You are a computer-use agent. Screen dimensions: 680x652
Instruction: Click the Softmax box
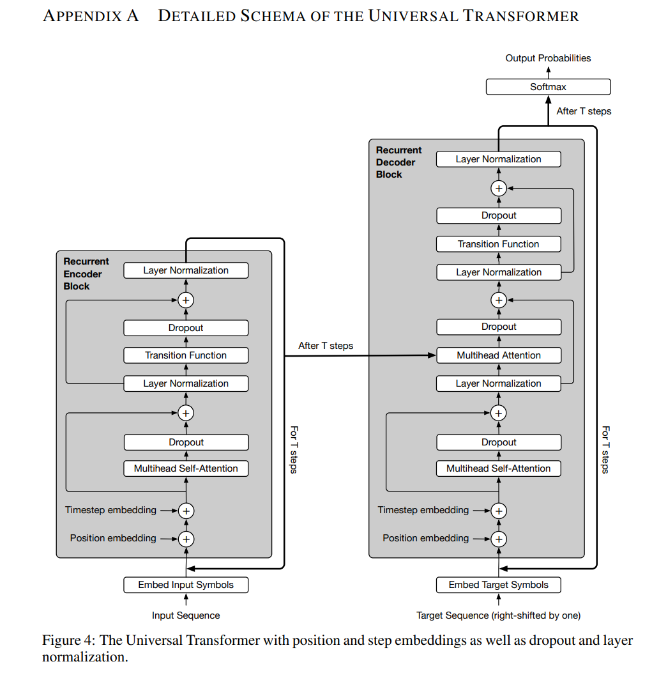click(548, 87)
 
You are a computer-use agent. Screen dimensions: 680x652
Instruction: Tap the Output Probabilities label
click(548, 58)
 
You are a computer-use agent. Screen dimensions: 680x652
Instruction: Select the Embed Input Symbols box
click(186, 584)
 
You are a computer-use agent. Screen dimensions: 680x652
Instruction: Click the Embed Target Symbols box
click(498, 584)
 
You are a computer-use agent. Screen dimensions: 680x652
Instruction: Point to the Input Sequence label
click(186, 615)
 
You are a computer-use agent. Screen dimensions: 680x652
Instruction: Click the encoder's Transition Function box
click(186, 355)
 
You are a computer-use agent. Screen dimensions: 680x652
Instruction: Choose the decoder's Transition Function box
click(498, 244)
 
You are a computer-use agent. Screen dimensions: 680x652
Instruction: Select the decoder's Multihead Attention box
click(498, 355)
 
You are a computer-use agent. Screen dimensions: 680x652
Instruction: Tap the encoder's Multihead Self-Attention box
click(186, 468)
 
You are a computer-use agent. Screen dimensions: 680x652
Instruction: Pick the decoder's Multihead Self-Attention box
click(498, 468)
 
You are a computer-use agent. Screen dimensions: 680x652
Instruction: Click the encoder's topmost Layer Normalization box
click(186, 270)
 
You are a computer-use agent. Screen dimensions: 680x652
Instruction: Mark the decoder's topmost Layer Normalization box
click(498, 159)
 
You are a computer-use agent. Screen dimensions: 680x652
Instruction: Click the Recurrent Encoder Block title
click(86, 274)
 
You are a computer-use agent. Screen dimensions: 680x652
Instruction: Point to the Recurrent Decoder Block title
click(398, 162)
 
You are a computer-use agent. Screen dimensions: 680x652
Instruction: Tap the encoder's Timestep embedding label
click(110, 510)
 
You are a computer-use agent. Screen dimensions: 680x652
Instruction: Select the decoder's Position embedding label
click(425, 538)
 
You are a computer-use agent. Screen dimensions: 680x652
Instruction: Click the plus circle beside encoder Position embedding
click(186, 539)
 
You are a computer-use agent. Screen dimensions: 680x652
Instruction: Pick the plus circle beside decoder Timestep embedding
click(498, 511)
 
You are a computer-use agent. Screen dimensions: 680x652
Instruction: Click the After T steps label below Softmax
click(584, 111)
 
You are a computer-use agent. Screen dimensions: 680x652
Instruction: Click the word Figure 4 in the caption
click(67, 640)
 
